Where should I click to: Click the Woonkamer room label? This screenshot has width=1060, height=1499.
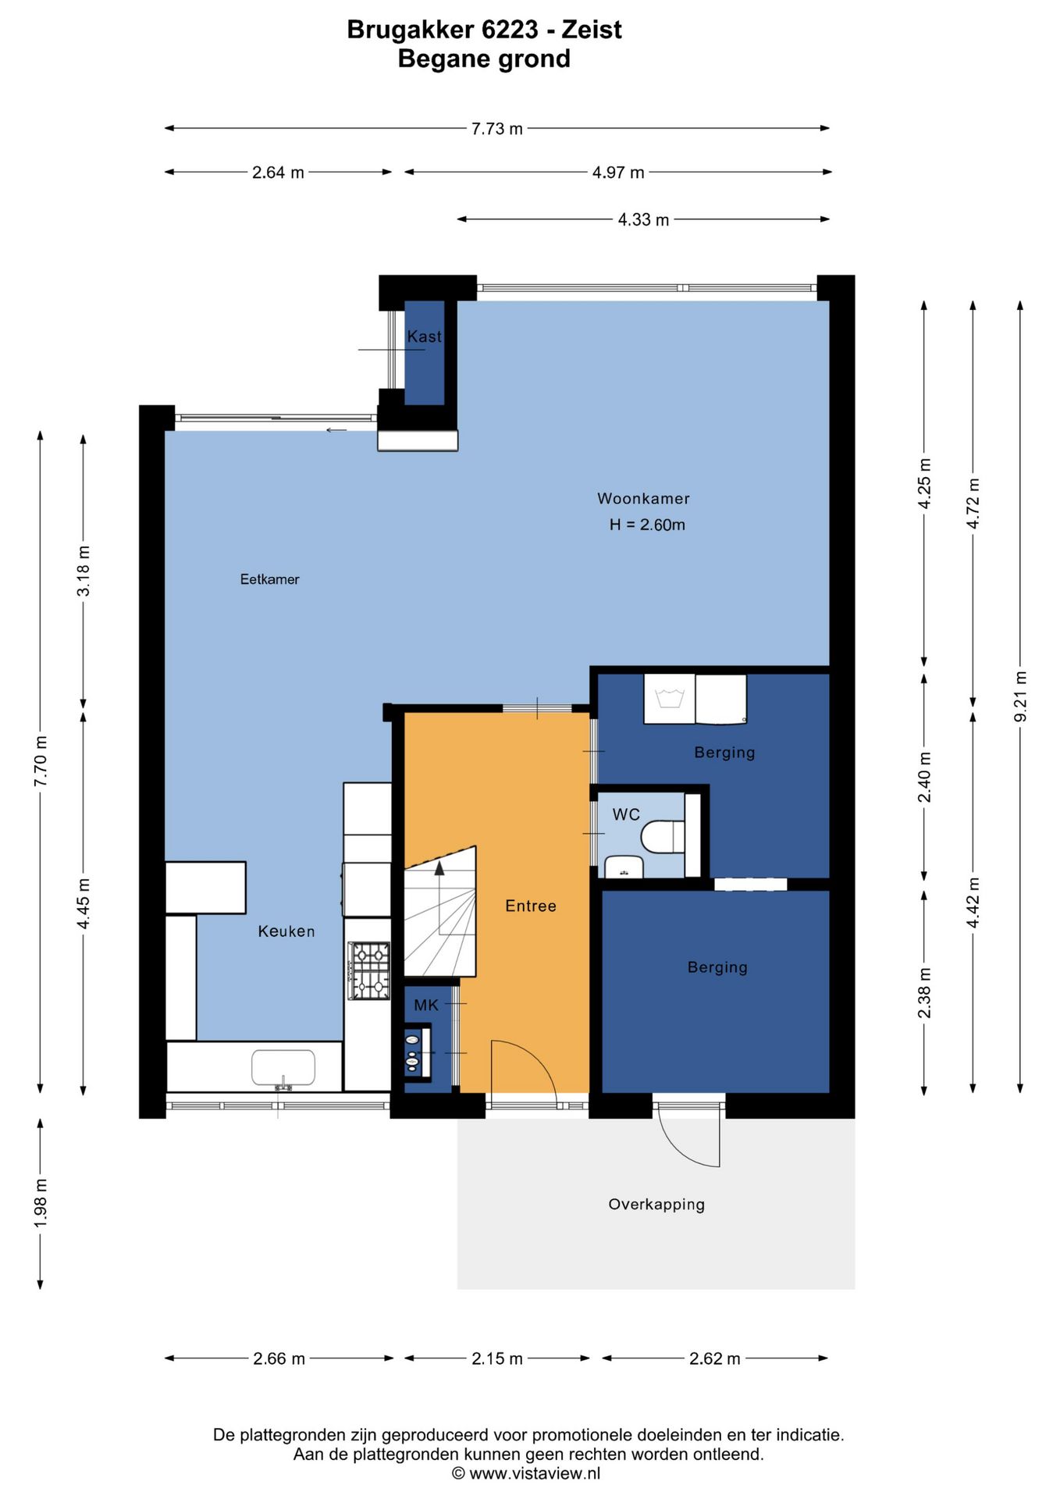pos(643,498)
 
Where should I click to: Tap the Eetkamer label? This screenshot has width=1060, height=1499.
pos(269,579)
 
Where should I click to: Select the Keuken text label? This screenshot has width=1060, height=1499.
pos(286,931)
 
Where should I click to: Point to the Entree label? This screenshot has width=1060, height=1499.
pos(531,906)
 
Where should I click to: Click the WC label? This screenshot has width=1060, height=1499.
pos(626,814)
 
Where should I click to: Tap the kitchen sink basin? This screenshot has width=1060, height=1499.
pos(283,1066)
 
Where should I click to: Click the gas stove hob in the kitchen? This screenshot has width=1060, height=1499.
pos(368,971)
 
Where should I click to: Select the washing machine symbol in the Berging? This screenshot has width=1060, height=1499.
pos(669,699)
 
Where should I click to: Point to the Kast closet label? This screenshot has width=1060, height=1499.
pos(424,336)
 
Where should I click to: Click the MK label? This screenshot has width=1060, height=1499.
pos(426,1005)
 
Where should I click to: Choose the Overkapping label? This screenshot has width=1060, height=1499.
pos(656,1204)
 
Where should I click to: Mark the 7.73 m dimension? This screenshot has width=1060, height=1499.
pos(497,128)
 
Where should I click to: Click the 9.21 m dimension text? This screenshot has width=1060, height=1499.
pos(1020,696)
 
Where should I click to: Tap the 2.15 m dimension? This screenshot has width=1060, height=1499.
pos(497,1358)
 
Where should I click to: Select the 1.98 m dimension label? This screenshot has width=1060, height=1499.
pos(41,1203)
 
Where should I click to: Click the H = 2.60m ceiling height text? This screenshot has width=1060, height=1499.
pos(647,525)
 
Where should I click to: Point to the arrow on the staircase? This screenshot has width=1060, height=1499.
pos(439,867)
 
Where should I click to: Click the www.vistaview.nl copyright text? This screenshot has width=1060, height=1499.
pos(526,1473)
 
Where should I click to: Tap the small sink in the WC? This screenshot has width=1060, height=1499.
pos(624,867)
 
